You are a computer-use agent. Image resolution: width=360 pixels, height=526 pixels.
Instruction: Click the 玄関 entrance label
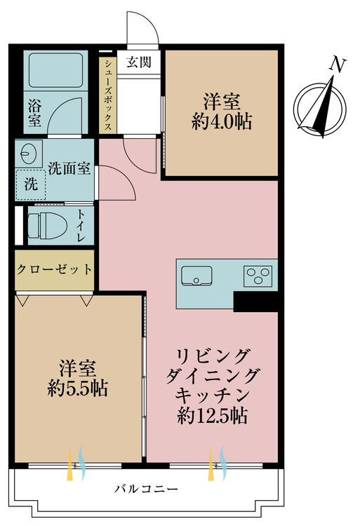[139, 62]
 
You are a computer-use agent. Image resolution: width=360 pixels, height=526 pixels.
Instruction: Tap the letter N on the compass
[338, 66]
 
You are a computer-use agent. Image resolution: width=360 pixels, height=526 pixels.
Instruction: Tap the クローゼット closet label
[54, 269]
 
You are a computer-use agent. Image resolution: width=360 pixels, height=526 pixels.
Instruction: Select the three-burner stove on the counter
[260, 276]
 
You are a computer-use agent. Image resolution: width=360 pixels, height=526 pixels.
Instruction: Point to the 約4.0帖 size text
[222, 121]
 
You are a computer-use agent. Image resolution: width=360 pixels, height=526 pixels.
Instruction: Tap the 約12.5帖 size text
[212, 416]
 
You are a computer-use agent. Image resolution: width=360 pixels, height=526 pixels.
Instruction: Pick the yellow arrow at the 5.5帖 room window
[70, 466]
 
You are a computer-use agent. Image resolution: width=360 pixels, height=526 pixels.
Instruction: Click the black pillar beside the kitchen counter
[255, 301]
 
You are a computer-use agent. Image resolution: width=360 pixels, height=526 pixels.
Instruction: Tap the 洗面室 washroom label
[68, 169]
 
